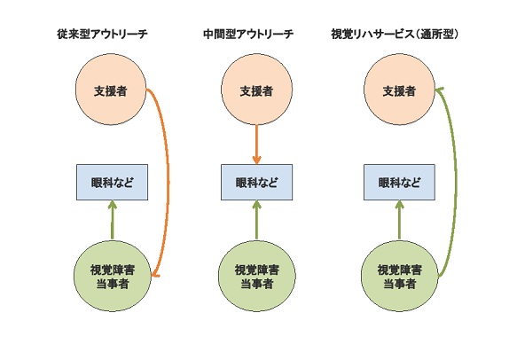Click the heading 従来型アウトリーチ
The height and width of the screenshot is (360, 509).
pyautogui.click(x=102, y=34)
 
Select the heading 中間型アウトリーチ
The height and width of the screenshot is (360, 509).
pyautogui.click(x=248, y=34)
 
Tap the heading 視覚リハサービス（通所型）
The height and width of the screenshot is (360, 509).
pyautogui.click(x=395, y=34)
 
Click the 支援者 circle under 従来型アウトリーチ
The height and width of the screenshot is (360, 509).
pyautogui.click(x=111, y=90)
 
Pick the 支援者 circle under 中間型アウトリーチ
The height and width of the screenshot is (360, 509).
pyautogui.click(x=256, y=90)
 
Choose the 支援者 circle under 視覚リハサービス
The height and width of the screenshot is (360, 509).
pyautogui.click(x=399, y=90)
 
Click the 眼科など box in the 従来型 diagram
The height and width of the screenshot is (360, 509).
pyautogui.click(x=112, y=182)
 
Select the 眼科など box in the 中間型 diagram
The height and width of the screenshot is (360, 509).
pyautogui.click(x=257, y=182)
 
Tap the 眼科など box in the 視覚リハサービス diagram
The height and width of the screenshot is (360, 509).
pyautogui.click(x=399, y=182)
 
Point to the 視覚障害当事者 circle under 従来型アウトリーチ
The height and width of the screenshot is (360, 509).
pyautogui.click(x=113, y=277)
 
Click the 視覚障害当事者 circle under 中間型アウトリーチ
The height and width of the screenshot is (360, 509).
pyautogui.click(x=257, y=277)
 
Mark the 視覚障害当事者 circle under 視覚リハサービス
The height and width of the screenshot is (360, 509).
pyautogui.click(x=400, y=277)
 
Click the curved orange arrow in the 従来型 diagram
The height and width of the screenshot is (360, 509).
pyautogui.click(x=168, y=182)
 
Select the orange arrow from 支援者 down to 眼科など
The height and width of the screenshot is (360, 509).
pyautogui.click(x=256, y=145)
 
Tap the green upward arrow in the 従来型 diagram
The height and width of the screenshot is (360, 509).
pyautogui.click(x=113, y=220)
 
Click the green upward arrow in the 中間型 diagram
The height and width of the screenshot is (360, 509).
pyautogui.click(x=257, y=220)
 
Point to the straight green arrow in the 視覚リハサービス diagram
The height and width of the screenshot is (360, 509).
pyautogui.click(x=399, y=220)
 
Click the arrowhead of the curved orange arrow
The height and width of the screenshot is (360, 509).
pyautogui.click(x=154, y=275)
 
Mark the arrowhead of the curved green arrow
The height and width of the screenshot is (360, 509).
pyautogui.click(x=438, y=90)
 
